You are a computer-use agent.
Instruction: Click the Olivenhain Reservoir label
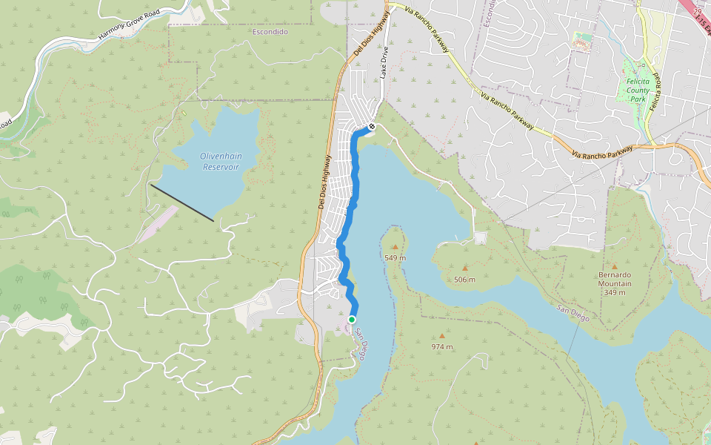pos(221,161)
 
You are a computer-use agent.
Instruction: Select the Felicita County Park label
pos(638,90)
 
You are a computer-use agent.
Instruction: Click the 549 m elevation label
pos(395,257)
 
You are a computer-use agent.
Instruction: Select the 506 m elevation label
pos(464,279)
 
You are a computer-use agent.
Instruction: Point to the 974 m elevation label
pos(442,346)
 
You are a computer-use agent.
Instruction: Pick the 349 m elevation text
pos(615,292)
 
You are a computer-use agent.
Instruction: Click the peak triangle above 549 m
pos(395,247)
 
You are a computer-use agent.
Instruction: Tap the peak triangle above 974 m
pos(442,336)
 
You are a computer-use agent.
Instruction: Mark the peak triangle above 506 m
pos(465,268)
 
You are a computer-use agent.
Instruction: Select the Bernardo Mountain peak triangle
pos(615,266)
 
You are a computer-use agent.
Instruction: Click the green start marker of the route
pos(351,320)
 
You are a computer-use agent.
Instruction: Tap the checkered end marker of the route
pos(371,126)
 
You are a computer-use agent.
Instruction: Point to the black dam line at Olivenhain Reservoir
pos(182,202)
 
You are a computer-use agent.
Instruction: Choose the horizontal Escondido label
pos(270,32)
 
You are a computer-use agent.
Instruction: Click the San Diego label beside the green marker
pos(358,344)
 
